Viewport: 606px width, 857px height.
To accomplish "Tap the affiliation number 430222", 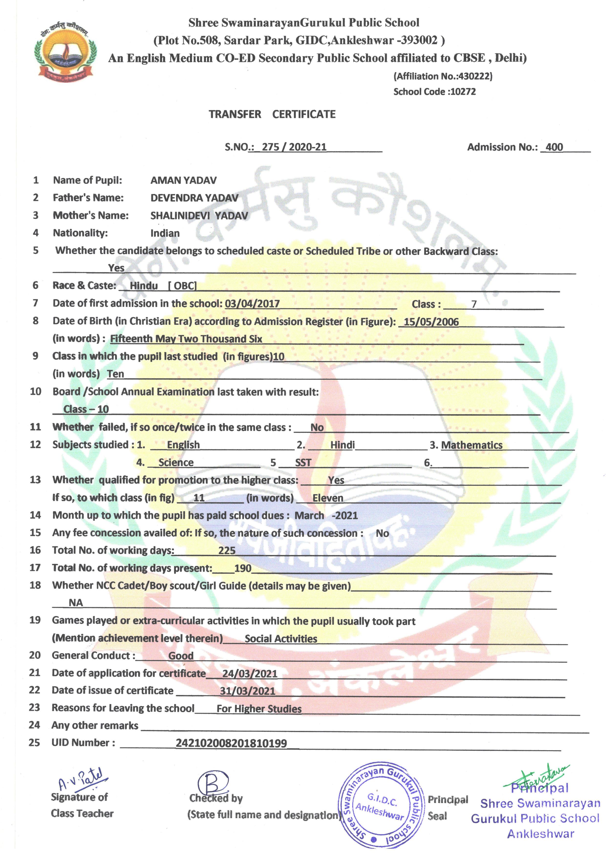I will tap(475, 76).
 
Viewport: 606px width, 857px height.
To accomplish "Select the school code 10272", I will tap(463, 92).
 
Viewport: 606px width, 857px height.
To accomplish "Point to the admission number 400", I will tap(554, 147).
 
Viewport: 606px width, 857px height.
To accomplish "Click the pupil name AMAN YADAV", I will tap(183, 181).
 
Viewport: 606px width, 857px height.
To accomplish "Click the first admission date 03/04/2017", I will tap(252, 304).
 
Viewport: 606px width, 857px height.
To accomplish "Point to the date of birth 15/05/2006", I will tap(431, 322).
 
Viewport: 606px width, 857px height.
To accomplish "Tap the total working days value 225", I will tap(227, 551).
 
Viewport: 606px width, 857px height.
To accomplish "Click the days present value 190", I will tap(243, 568).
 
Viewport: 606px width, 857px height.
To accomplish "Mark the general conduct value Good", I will tap(181, 656).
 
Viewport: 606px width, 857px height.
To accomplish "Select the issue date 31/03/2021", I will tap(247, 691).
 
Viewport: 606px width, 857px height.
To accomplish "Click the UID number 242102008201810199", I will tap(231, 743).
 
